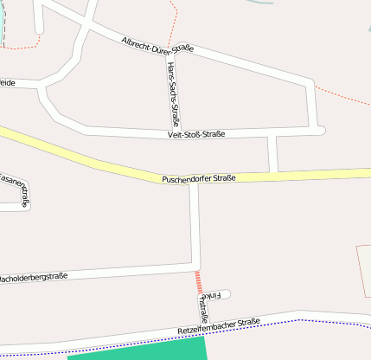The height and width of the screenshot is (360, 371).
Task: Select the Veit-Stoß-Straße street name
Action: [197, 134]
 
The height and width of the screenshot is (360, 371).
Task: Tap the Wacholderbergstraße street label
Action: [35, 278]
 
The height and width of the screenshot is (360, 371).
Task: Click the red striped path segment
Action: [198, 281]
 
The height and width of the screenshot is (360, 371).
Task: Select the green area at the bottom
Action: [138, 350]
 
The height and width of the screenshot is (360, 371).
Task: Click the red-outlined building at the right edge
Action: [364, 270]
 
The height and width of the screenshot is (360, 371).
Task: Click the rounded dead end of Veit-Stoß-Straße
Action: [320, 131]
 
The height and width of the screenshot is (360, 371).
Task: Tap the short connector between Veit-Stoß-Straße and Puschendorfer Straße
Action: [273, 154]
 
